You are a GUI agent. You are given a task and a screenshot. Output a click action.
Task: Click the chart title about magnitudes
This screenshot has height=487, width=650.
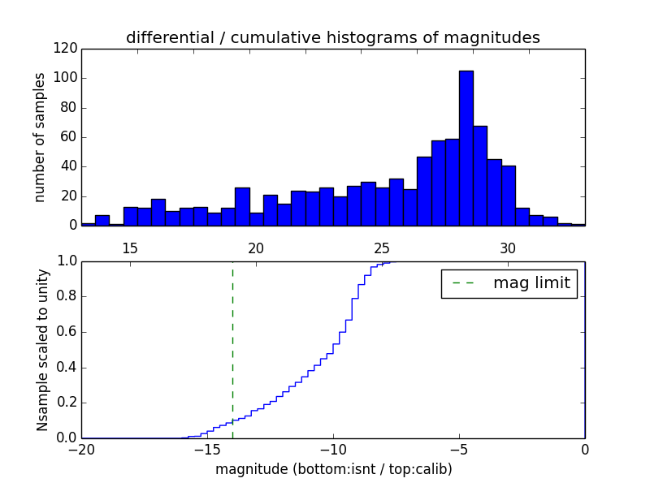[x=332, y=38]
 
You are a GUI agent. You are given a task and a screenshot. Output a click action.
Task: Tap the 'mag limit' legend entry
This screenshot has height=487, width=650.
[x=509, y=283]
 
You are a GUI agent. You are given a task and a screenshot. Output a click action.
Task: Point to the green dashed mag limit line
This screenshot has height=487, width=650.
[x=232, y=349]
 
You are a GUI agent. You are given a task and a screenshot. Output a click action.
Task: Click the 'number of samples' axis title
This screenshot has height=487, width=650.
[x=40, y=137]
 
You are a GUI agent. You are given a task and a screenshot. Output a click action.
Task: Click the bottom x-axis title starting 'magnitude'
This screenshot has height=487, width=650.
[x=333, y=469]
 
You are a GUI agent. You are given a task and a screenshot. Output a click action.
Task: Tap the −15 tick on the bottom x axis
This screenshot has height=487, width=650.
[x=206, y=450]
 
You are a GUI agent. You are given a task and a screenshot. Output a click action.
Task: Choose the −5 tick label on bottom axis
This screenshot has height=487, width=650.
[x=458, y=450]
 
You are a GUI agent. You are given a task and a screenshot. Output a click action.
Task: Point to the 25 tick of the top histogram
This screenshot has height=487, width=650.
[x=382, y=248]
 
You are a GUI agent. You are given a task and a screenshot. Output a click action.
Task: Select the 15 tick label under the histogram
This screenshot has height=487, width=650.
[x=130, y=248]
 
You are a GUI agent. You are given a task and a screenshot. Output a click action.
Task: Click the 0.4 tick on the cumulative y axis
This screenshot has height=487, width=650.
[x=65, y=368]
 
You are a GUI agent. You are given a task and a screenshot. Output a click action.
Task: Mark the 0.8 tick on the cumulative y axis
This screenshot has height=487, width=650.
[x=65, y=296]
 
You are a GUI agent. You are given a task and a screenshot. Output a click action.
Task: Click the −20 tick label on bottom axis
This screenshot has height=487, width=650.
[x=80, y=450]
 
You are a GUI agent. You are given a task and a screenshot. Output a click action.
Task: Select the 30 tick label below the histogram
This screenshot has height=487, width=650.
[x=508, y=248]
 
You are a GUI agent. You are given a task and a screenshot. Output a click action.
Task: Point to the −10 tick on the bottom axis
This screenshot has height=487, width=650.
[x=332, y=450]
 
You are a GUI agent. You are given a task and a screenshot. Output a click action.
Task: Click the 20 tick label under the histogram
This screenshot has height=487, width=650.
[x=256, y=248]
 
